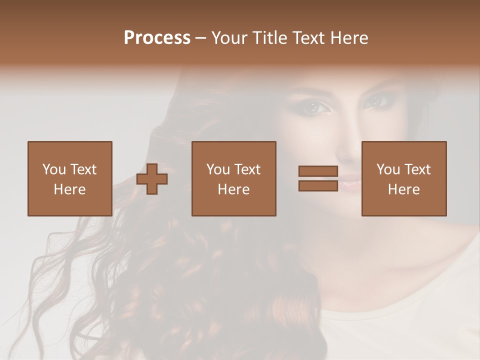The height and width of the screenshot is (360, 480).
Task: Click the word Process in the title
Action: click(x=157, y=38)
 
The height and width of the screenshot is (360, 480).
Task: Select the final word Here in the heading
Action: click(x=349, y=38)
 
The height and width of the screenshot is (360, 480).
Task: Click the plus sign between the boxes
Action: click(x=152, y=178)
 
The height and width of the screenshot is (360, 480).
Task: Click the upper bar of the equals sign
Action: click(x=318, y=171)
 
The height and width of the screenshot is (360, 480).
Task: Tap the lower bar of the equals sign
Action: click(x=318, y=185)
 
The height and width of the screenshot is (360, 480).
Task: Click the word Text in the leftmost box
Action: click(x=83, y=169)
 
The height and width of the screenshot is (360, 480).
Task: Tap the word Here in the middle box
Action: click(x=234, y=189)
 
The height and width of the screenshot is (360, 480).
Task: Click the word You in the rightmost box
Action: click(x=388, y=169)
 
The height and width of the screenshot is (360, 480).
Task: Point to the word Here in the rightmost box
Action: click(x=404, y=189)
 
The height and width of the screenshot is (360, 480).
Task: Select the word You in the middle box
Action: click(x=218, y=169)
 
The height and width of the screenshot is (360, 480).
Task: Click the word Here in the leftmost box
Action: click(x=70, y=189)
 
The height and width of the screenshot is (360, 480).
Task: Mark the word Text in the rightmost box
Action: click(x=417, y=169)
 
